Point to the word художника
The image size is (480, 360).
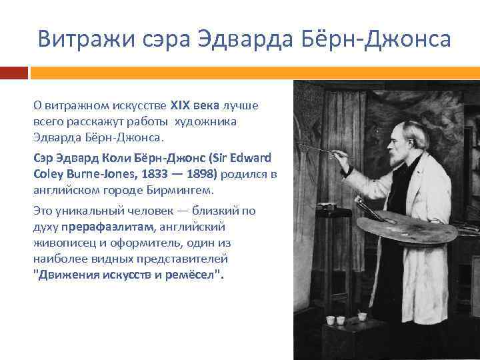pyautogui.click(x=206, y=122)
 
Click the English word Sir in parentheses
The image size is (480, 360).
pyautogui.click(x=217, y=158)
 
